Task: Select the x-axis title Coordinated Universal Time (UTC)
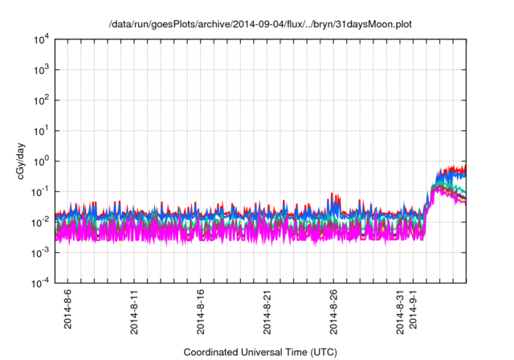(x=260, y=352)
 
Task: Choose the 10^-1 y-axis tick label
(x=38, y=192)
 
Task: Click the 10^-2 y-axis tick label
(x=38, y=223)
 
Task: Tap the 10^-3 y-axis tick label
(x=38, y=252)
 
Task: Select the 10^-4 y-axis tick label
(x=38, y=283)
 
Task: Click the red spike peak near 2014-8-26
(x=333, y=194)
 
